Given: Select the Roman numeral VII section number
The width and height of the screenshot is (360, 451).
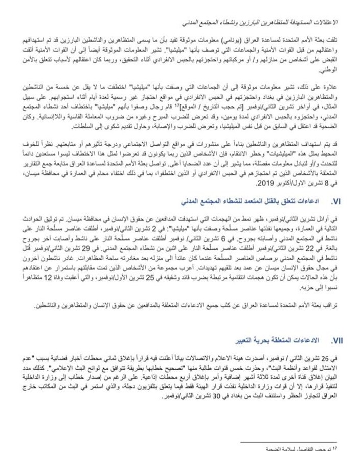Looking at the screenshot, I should pyautogui.click(x=336, y=340).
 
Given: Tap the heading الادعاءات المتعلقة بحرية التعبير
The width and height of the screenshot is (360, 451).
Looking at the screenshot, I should pyautogui.click(x=278, y=341).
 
